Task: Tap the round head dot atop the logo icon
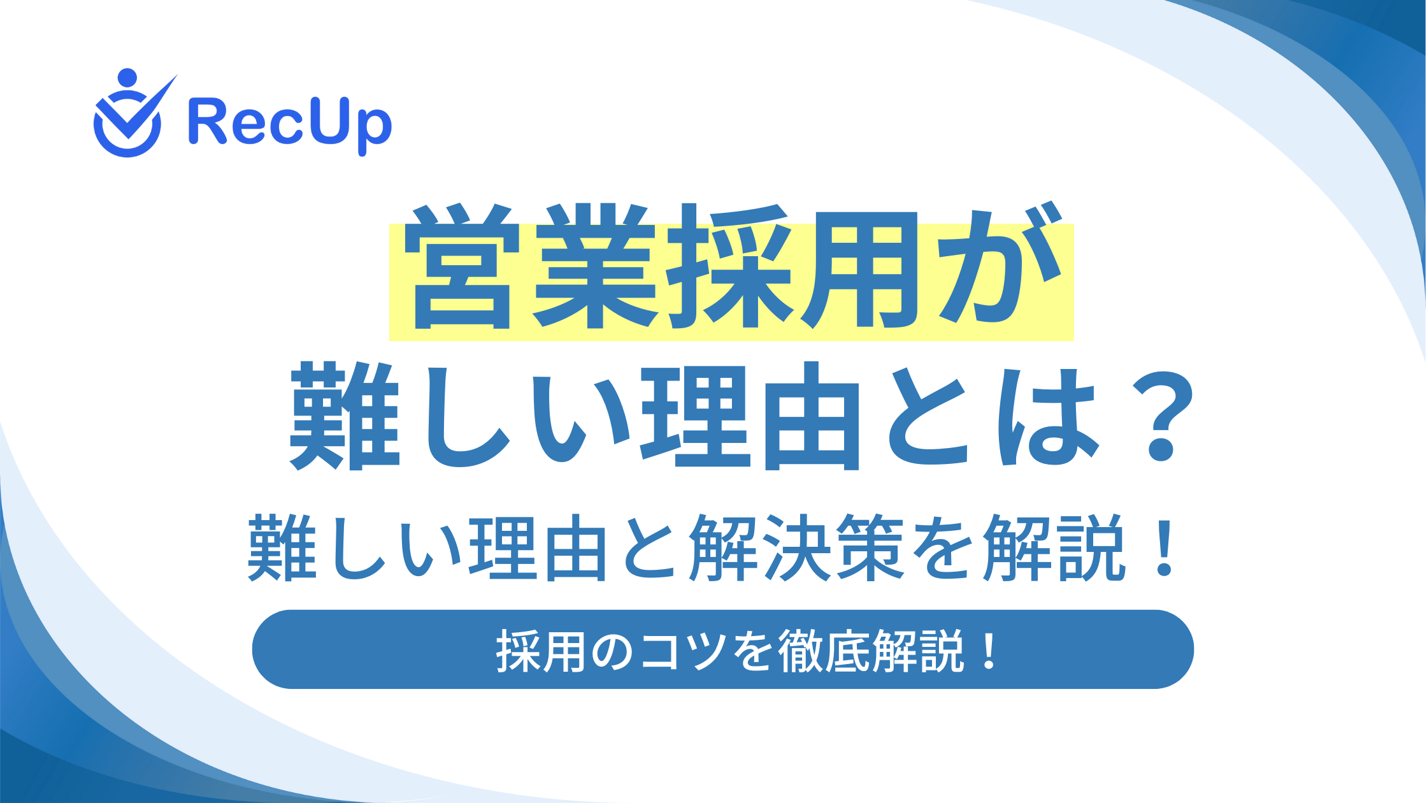pos(127,78)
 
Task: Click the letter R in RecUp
pos(208,120)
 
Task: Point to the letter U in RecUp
pos(315,121)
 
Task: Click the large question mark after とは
pos(1158,417)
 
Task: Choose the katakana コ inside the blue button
pos(659,653)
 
